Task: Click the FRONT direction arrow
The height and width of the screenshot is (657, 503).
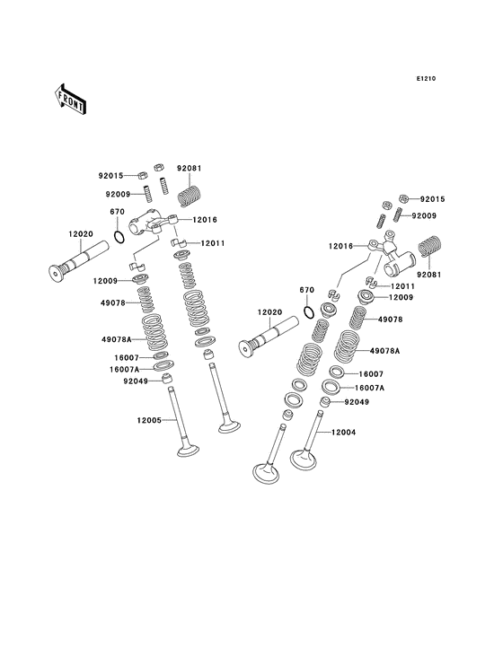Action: [x=70, y=99]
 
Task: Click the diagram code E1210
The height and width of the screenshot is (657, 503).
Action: [x=426, y=78]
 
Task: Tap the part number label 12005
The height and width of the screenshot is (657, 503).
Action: [x=149, y=420]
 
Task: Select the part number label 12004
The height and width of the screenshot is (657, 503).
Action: [x=343, y=432]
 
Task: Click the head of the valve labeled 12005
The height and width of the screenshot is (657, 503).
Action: [x=189, y=451]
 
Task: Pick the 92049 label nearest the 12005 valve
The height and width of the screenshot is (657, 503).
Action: [x=136, y=381]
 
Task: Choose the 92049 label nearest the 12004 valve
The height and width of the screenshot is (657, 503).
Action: [x=357, y=402]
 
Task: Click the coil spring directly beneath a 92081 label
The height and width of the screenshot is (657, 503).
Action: [x=190, y=196]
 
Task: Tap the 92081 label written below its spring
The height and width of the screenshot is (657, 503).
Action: [x=428, y=275]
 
